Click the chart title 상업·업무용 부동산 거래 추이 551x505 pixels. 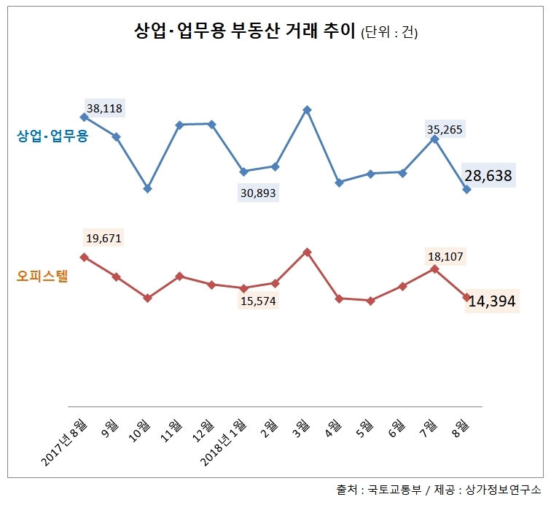(244, 32)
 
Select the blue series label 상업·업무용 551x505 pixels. (52, 136)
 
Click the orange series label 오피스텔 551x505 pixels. (42, 277)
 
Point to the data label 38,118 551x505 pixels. (104, 109)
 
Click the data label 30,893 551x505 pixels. (259, 193)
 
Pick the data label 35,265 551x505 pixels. (445, 130)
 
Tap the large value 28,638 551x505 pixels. (489, 176)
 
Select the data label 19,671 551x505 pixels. (104, 238)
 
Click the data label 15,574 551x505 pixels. (259, 301)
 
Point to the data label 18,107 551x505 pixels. (445, 256)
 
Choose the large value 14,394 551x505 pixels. (492, 301)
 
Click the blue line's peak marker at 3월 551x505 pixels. (308, 110)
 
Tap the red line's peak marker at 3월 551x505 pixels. (308, 252)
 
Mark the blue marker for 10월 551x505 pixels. (148, 189)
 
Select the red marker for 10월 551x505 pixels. (148, 298)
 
